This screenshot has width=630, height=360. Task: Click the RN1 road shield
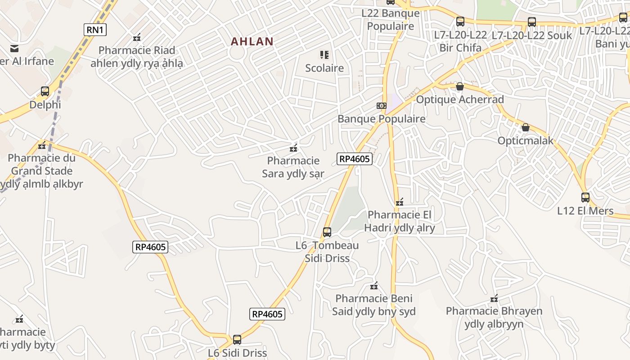click(x=95, y=30)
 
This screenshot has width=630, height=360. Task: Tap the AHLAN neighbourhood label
click(x=252, y=42)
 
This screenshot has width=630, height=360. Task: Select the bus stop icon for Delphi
click(x=45, y=91)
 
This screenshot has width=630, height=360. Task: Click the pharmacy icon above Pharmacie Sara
click(x=293, y=148)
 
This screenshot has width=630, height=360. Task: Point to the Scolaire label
click(x=324, y=68)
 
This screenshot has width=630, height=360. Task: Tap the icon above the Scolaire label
click(x=324, y=55)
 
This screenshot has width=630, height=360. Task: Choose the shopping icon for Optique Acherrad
click(x=459, y=86)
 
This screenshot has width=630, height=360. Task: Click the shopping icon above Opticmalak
click(x=525, y=128)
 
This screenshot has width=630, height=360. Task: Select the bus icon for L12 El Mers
click(x=585, y=197)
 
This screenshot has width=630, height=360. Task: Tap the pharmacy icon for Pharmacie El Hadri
click(x=399, y=202)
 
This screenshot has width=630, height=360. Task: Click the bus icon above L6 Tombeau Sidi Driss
click(x=327, y=232)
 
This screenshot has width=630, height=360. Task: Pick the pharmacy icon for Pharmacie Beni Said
click(x=373, y=286)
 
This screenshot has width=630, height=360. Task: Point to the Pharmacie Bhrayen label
click(x=494, y=317)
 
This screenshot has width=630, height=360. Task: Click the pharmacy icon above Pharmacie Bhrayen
click(x=494, y=298)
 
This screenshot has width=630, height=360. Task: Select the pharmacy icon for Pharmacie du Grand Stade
click(x=42, y=145)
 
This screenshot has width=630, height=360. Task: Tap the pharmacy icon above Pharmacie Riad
click(x=137, y=37)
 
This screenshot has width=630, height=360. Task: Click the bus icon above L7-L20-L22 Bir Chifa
click(x=460, y=21)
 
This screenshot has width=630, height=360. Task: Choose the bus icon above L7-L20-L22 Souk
click(x=531, y=22)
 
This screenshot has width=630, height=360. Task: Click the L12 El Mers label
click(x=585, y=211)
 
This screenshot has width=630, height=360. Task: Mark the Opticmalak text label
click(x=525, y=141)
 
